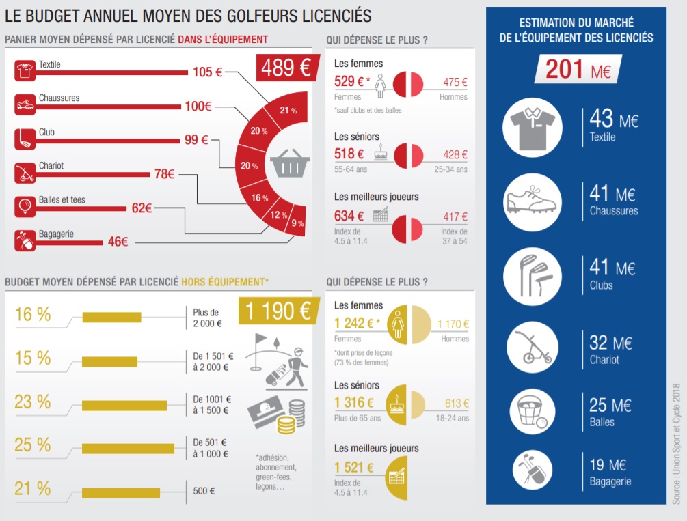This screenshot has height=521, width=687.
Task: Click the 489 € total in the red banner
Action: coord(285,68)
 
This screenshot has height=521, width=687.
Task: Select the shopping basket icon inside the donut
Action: coord(290,165)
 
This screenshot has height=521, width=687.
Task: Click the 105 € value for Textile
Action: coord(206,72)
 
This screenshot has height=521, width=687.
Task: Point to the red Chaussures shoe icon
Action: coord(25,104)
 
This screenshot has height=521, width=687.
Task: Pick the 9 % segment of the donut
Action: coord(298,223)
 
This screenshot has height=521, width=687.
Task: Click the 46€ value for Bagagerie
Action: coord(118,241)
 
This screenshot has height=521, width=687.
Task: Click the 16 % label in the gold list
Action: coord(33,314)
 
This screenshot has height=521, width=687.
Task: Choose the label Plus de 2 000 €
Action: coord(207,318)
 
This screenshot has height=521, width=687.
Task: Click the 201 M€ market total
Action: coord(578,69)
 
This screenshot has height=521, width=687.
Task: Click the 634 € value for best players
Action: coord(349,216)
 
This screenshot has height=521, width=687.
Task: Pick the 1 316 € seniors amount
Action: coord(354,403)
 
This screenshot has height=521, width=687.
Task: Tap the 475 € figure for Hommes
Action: coord(455,82)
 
